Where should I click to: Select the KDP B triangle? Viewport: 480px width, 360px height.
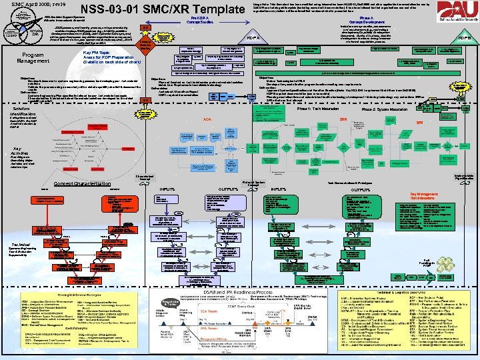[464, 39]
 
